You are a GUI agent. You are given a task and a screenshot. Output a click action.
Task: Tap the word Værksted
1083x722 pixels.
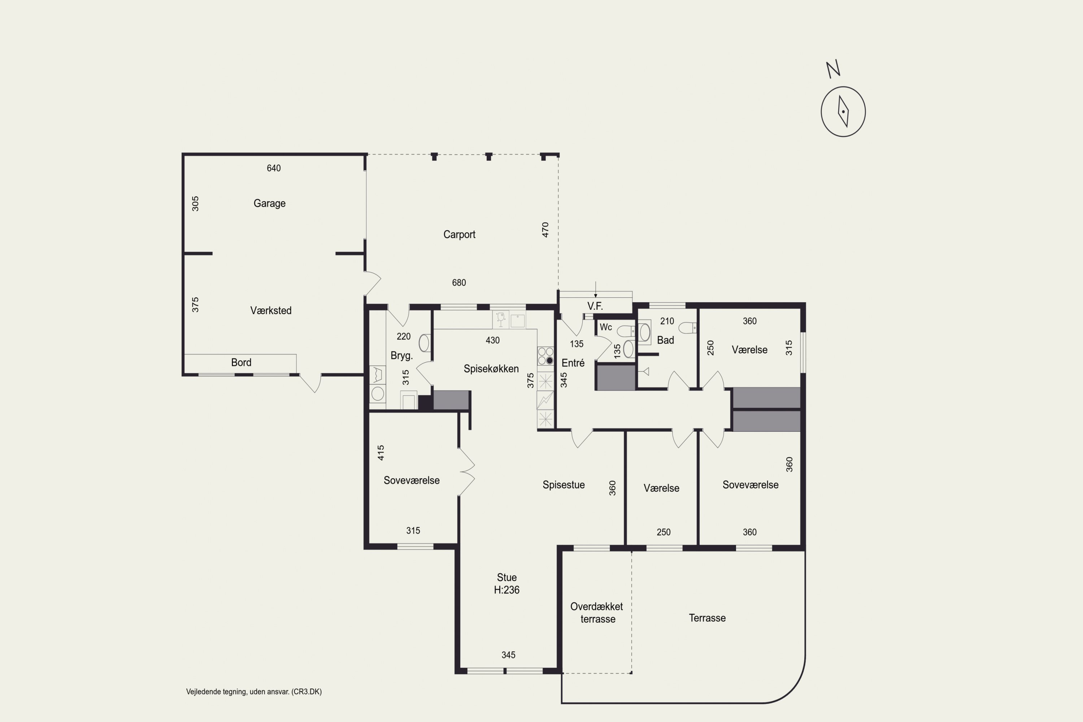271,310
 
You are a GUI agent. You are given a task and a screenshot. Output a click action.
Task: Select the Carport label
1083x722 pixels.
459,234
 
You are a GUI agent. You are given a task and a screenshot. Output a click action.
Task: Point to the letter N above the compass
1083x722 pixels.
833,69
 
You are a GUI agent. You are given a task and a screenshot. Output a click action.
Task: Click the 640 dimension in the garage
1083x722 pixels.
274,168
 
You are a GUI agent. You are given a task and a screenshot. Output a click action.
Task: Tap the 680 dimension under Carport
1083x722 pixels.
458,283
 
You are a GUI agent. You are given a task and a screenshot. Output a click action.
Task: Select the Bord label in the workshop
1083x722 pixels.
241,362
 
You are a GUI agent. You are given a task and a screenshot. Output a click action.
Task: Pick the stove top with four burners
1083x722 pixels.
545,356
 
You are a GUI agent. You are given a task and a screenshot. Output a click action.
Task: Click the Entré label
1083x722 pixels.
573,363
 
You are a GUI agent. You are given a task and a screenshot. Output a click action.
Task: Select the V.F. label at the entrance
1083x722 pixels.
595,306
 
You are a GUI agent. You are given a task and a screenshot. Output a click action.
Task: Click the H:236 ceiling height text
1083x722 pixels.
506,590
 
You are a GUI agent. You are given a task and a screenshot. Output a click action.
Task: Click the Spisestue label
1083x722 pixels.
564,485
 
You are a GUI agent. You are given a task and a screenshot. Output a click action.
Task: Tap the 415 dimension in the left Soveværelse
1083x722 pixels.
381,453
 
